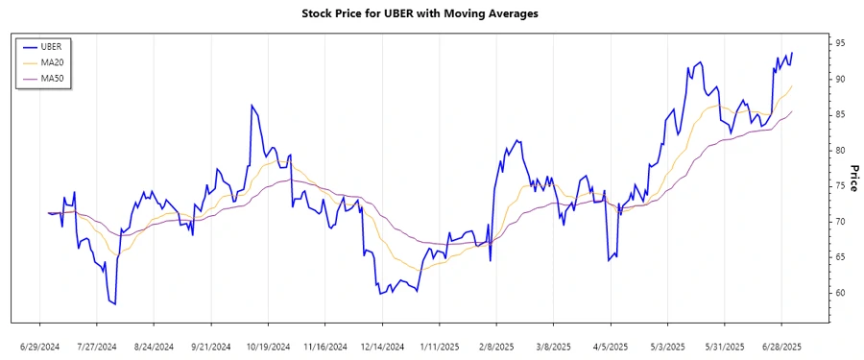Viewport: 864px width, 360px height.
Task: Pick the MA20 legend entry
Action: click(59, 61)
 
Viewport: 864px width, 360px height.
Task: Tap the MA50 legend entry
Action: click(59, 78)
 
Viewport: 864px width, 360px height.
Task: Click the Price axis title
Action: click(852, 179)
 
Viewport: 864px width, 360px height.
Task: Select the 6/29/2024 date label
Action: click(40, 346)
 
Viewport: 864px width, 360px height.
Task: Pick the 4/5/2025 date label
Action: click(611, 346)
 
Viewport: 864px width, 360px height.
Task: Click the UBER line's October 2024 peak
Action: click(252, 105)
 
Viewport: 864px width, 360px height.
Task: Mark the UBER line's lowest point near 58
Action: click(115, 304)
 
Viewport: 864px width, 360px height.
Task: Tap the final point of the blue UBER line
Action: click(792, 53)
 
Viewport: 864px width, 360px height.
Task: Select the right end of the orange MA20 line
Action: click(792, 86)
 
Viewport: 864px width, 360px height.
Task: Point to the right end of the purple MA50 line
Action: click(792, 111)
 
